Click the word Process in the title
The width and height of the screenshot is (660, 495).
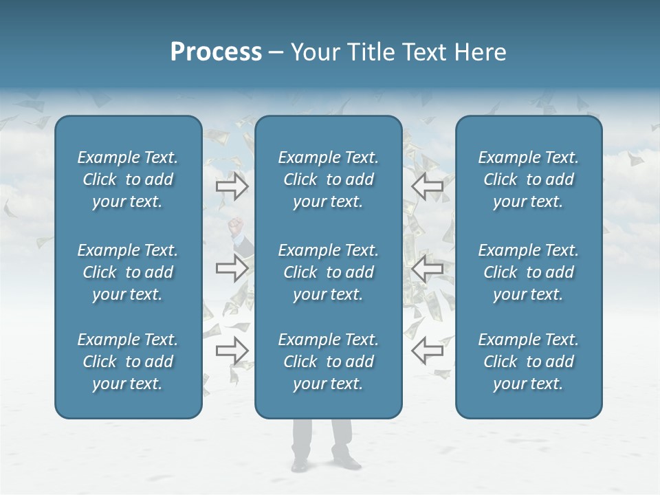[x=216, y=52]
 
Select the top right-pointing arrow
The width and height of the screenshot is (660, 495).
[x=232, y=186]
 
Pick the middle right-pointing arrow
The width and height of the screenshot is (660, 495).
[x=232, y=267]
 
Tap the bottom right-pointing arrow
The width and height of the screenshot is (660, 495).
[x=232, y=351]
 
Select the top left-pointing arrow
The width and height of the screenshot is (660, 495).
[x=427, y=186]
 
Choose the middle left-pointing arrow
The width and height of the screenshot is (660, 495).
[x=427, y=267]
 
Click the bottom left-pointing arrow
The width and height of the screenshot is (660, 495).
[x=427, y=351]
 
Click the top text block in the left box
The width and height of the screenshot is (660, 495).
[x=128, y=179]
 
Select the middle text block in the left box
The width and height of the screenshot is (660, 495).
[x=128, y=272]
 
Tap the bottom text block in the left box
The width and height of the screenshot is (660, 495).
[x=128, y=362]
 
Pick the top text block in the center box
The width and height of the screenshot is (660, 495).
[x=328, y=179]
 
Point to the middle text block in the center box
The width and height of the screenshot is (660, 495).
[x=328, y=272]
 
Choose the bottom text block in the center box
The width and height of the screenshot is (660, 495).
[x=328, y=362]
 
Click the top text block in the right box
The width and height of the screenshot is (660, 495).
[x=528, y=179]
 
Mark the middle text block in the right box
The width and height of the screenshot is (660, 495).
[x=528, y=272]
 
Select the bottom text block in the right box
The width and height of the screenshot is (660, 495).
[x=528, y=362]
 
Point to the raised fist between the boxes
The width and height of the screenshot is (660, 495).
[x=238, y=224]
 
